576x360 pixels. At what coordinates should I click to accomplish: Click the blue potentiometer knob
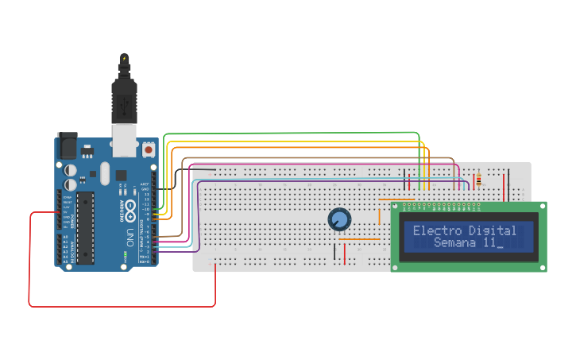(x=339, y=219)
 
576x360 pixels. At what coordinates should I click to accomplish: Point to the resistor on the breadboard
(x=477, y=181)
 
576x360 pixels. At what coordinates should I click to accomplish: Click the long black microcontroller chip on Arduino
(x=85, y=226)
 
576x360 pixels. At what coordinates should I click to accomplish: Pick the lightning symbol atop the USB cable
(x=124, y=59)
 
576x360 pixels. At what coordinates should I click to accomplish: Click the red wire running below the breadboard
(x=119, y=306)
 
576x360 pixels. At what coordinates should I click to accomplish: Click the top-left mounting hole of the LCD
(x=396, y=207)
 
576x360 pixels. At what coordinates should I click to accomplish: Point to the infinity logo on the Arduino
(x=122, y=191)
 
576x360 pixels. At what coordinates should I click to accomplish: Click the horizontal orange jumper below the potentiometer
(x=359, y=238)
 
